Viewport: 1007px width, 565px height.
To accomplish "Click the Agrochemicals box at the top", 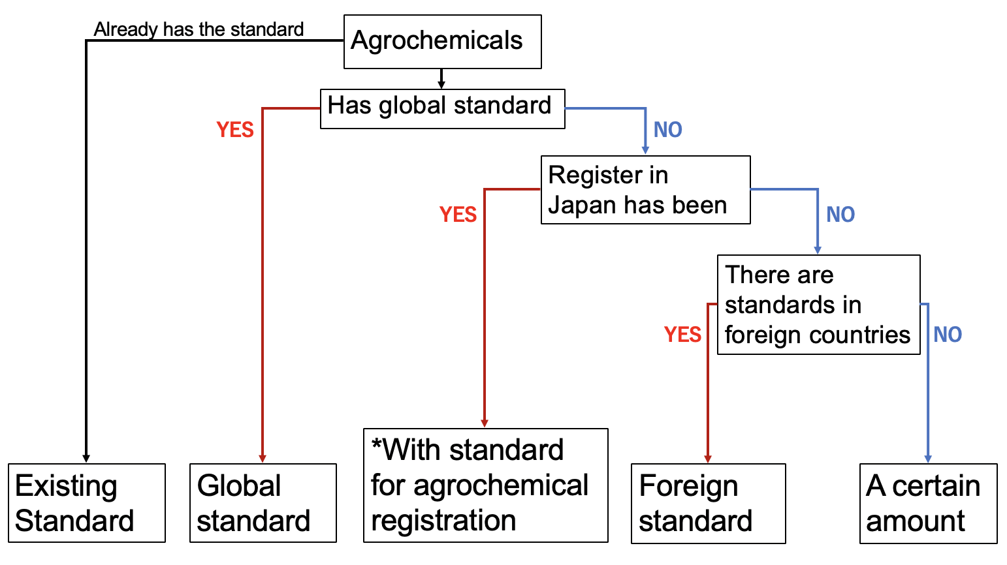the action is pos(442,42).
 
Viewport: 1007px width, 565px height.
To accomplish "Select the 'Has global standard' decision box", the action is pos(442,109).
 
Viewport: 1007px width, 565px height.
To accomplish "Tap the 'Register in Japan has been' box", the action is pos(646,190).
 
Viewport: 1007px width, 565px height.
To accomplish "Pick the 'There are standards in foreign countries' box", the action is pos(819,305).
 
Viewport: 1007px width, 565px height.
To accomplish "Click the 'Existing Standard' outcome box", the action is pos(87,503).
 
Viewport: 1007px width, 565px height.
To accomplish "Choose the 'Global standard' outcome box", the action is pos(263,503).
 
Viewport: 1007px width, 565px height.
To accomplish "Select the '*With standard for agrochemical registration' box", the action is pos(485,485).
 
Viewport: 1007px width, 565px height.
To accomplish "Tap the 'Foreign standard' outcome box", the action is pos(708,504).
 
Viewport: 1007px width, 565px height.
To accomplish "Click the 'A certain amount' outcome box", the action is pos(929,504).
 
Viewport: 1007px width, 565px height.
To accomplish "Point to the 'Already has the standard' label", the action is pos(199,29).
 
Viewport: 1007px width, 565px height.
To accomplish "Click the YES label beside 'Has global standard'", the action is pos(235,130).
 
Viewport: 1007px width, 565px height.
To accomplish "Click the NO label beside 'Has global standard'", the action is pos(667,130).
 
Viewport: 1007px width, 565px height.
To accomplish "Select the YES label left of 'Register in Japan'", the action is pos(458,214).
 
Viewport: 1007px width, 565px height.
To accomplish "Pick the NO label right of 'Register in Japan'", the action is pos(840,214).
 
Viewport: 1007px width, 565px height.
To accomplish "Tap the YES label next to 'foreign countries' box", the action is pos(683,335).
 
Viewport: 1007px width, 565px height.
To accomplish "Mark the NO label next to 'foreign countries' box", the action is pos(948,335).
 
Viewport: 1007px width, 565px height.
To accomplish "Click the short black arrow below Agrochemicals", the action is pos(441,79).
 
